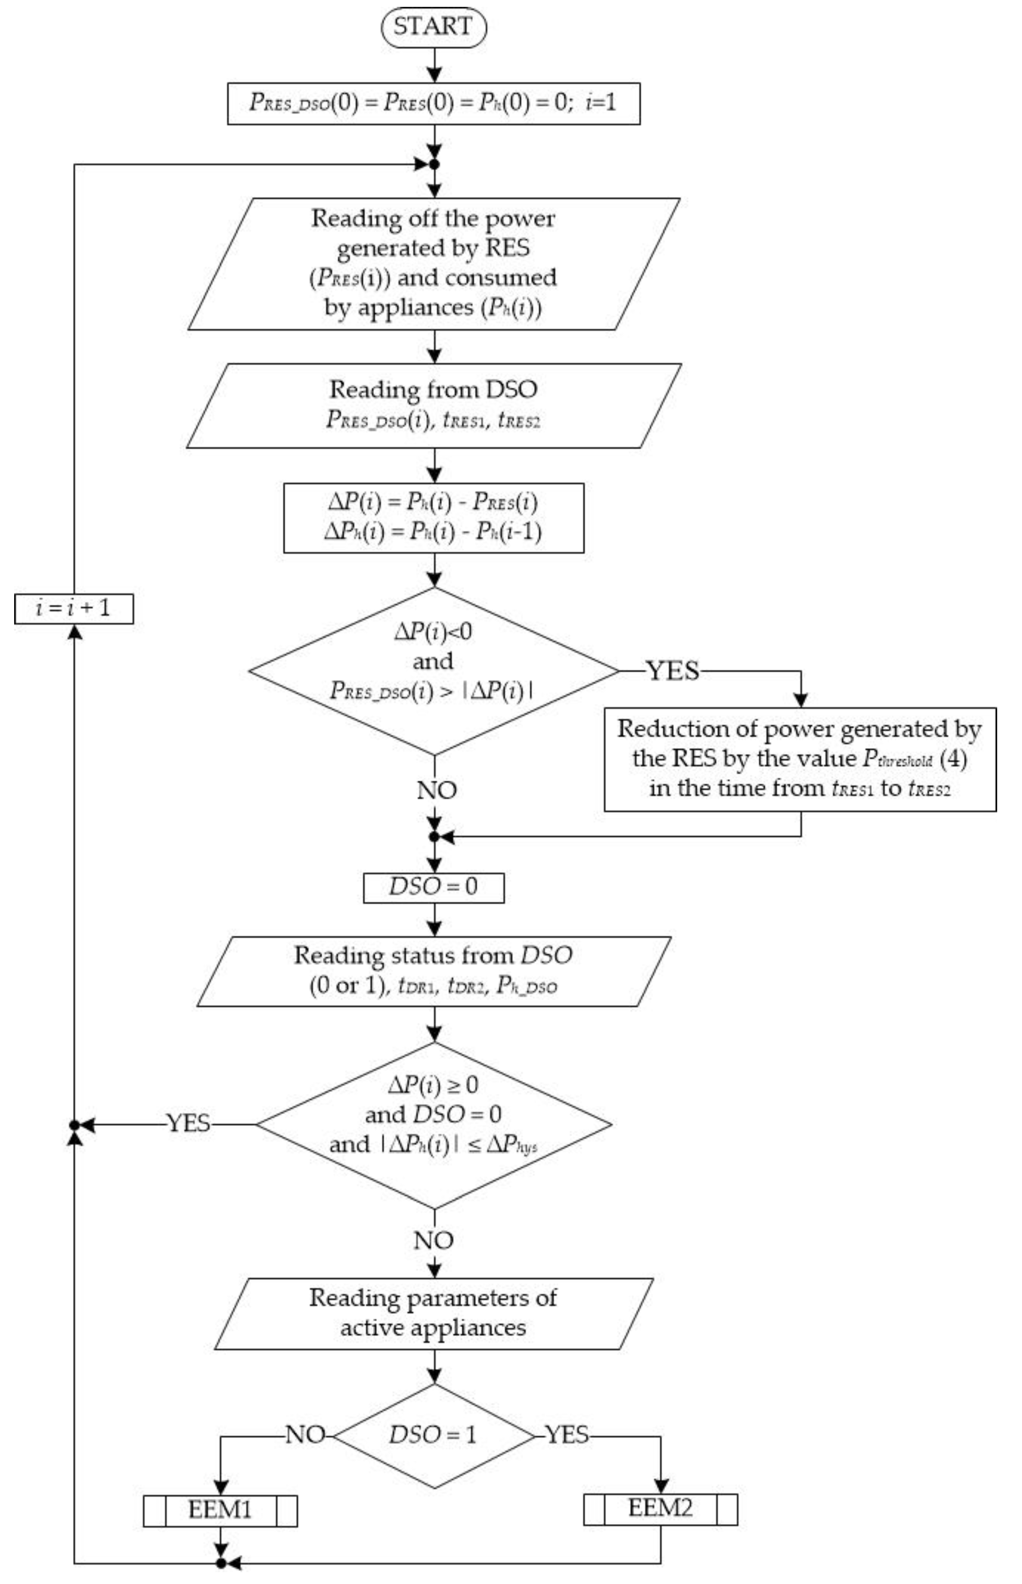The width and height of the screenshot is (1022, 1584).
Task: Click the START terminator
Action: (433, 27)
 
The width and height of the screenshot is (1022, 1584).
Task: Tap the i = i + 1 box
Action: (74, 609)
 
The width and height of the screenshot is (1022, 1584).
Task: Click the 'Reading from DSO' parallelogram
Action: (433, 405)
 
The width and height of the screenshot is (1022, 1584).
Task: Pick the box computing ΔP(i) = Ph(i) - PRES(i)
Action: (433, 518)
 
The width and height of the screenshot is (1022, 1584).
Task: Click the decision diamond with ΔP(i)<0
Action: (433, 670)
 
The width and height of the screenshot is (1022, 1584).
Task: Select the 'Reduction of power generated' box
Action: (800, 759)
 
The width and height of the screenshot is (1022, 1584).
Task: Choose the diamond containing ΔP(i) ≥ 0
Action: (433, 1124)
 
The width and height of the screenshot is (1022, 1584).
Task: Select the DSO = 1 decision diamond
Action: (433, 1435)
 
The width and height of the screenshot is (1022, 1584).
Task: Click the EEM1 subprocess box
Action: (220, 1510)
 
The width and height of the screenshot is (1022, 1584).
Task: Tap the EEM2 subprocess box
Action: (660, 1509)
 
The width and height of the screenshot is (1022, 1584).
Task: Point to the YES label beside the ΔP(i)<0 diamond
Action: (673, 671)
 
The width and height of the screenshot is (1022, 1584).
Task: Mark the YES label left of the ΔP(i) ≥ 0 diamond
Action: (188, 1124)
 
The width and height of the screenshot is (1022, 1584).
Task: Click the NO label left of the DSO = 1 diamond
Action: (304, 1435)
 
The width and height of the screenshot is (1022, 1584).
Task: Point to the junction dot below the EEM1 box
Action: (221, 1563)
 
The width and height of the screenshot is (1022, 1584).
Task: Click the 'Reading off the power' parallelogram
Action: (433, 264)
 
